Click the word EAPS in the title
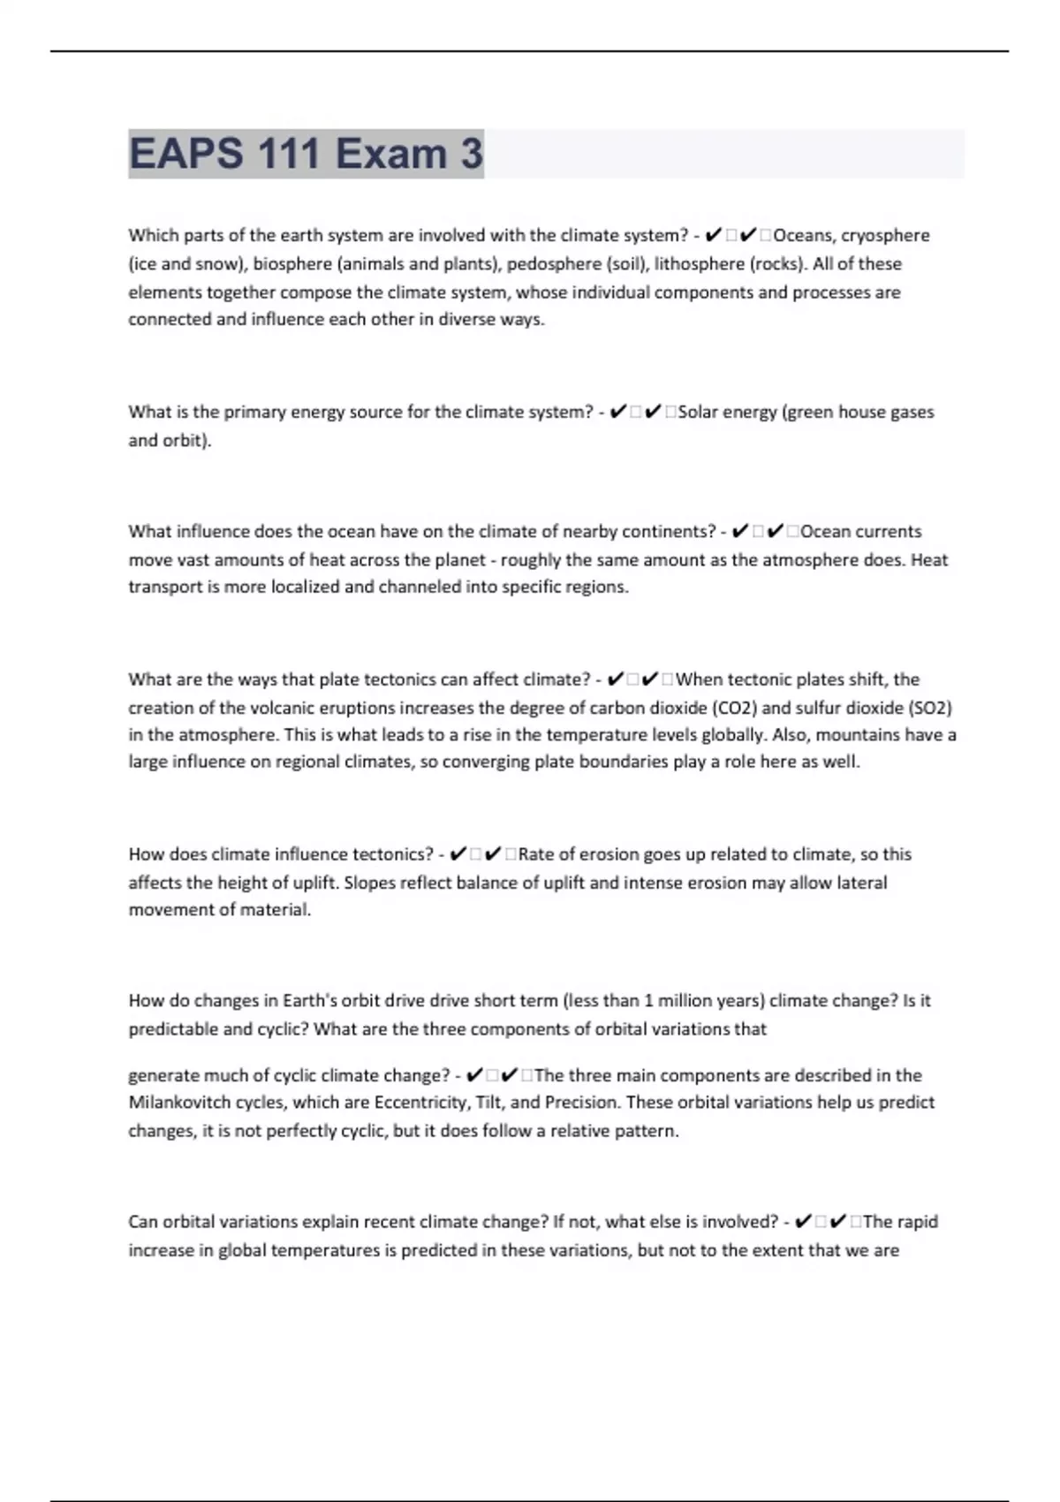pyautogui.click(x=186, y=154)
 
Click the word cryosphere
pyautogui.click(x=885, y=235)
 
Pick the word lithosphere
pyautogui.click(x=699, y=263)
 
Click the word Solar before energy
pyautogui.click(x=699, y=412)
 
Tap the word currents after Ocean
pyautogui.click(x=888, y=531)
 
